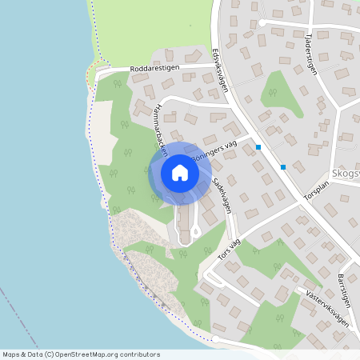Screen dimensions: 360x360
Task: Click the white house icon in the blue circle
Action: (x=180, y=173)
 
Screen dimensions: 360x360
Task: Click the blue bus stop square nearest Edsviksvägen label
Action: (x=258, y=147)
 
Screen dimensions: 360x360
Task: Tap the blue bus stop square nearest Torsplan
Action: (x=283, y=166)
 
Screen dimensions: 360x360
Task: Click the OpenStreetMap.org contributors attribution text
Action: (x=110, y=354)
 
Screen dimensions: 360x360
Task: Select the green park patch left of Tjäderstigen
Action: (x=279, y=92)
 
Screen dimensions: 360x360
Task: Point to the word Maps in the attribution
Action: (x=11, y=354)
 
